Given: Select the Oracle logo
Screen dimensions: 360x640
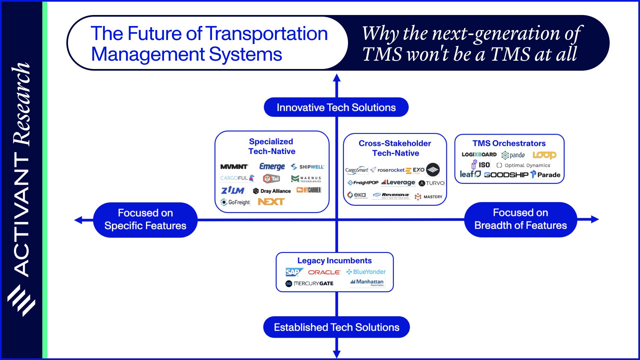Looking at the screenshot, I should (324, 272).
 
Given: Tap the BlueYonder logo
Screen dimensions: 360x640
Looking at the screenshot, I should (366, 272).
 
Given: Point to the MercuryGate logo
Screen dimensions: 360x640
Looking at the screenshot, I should (309, 283).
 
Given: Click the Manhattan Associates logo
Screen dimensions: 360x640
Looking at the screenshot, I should (367, 282).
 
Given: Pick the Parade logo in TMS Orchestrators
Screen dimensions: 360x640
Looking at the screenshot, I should (545, 175).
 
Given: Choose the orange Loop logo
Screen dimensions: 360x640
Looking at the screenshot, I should (544, 155).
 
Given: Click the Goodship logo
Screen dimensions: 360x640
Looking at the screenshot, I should (506, 175).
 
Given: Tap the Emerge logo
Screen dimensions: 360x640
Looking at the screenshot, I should (272, 166).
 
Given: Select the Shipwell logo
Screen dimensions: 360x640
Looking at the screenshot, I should (307, 167).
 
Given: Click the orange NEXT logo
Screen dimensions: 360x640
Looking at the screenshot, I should (271, 202).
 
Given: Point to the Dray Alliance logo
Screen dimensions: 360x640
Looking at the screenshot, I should (272, 191).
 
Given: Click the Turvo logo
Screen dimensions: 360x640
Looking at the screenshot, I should (432, 183).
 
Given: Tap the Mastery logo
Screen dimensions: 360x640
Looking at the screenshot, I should (429, 197).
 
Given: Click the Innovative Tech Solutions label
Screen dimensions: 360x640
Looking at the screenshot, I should (336, 107).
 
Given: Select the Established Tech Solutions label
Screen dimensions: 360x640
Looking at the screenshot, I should (336, 327).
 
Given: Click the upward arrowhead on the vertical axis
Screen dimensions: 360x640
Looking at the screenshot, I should (337, 78).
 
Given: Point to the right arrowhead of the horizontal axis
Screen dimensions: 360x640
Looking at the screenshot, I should (595, 219).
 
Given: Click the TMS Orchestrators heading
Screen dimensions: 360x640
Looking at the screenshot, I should (509, 143).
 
